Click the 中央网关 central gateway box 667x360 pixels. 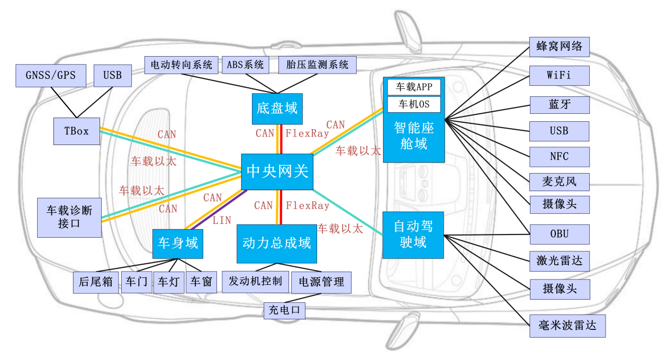pos(277,172)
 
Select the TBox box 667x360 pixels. pos(77,131)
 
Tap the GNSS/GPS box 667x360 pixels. pos(50,75)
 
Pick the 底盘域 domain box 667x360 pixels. pos(276,109)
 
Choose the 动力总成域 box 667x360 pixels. pos(276,244)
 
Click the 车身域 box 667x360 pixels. pos(178,243)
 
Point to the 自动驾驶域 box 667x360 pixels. pos(413,235)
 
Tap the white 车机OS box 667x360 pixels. pos(414,104)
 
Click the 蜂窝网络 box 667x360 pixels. pos(559,47)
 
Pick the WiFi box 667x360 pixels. pos(559,75)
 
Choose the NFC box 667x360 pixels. pos(559,157)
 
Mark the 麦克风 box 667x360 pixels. pos(559,182)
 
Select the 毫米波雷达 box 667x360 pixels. pos(567,325)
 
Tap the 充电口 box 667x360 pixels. pos(284,310)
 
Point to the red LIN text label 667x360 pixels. pos(222,220)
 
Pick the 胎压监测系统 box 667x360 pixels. pos(317,65)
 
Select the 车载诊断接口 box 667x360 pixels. pos(69,217)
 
